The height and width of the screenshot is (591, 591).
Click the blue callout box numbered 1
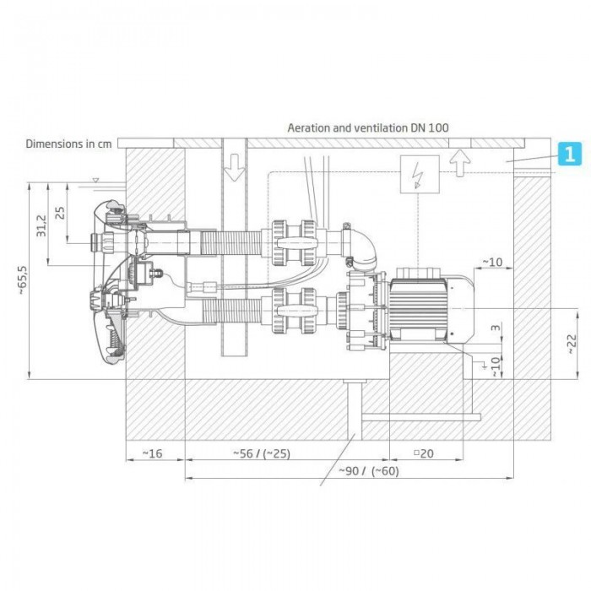(x=570, y=154)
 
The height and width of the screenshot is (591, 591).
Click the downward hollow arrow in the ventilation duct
(x=235, y=167)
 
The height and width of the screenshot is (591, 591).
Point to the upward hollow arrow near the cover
(x=460, y=163)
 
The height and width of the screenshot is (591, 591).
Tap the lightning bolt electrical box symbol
(x=420, y=174)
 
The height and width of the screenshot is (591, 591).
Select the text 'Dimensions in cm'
(x=68, y=144)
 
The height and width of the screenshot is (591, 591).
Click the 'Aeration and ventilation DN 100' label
(x=368, y=127)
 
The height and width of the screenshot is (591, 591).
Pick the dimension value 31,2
(x=41, y=225)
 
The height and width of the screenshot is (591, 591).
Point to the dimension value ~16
(x=152, y=453)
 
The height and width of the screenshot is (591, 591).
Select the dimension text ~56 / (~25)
(x=262, y=453)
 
